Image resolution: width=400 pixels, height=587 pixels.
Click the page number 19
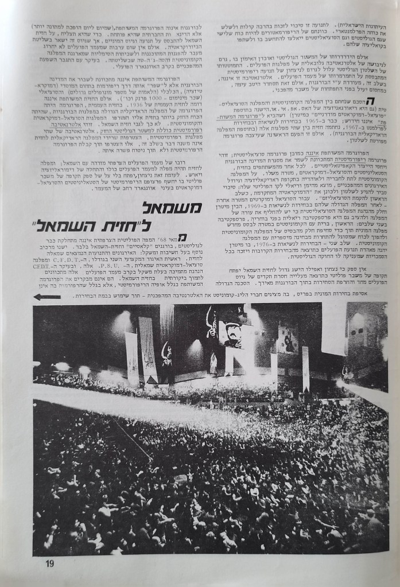tap(49, 563)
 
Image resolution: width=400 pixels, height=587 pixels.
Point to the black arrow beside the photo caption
tap(46, 297)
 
